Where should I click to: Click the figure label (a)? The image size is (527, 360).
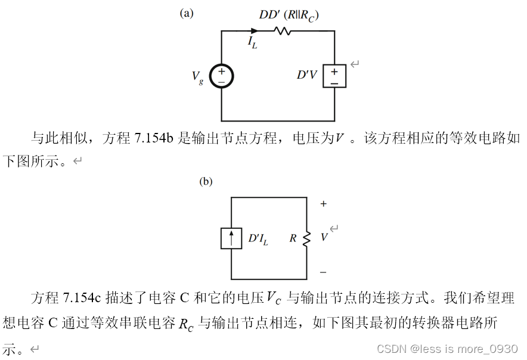click(x=187, y=14)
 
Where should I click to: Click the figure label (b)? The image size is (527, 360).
click(x=206, y=181)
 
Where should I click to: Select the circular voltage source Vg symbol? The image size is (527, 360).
click(x=221, y=76)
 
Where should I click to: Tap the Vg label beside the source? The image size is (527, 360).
click(x=197, y=77)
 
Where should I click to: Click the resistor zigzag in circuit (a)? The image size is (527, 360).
click(x=281, y=30)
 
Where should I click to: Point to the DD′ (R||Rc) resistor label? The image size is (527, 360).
click(x=289, y=15)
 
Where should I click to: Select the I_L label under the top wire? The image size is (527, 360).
click(x=253, y=42)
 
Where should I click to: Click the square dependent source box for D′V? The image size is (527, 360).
click(x=334, y=76)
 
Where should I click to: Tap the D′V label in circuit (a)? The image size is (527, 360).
click(x=307, y=76)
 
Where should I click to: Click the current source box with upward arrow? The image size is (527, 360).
click(x=231, y=238)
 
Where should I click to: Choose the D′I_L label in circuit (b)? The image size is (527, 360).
click(x=258, y=239)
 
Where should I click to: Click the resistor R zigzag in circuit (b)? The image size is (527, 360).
click(x=307, y=238)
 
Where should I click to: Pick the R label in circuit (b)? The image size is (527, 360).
click(x=293, y=238)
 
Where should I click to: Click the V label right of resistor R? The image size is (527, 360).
click(x=324, y=237)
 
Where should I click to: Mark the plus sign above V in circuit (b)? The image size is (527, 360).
click(x=324, y=204)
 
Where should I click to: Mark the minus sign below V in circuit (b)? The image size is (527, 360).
click(x=323, y=272)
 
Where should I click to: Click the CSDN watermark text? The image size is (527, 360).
click(x=447, y=348)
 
